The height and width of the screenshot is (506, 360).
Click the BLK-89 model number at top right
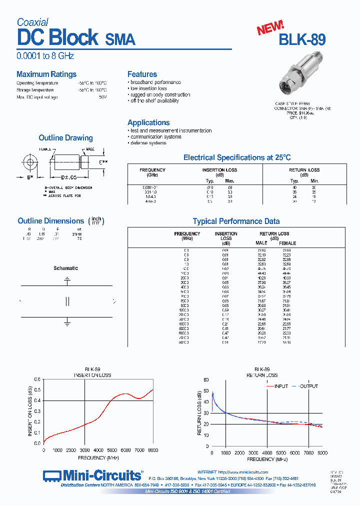click(302, 40)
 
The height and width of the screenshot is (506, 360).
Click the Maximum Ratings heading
click(46, 74)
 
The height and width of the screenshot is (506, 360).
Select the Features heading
click(142, 74)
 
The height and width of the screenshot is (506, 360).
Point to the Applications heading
click(148, 122)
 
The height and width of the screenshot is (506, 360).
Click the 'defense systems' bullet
click(148, 143)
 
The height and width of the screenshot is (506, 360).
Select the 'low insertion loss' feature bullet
click(148, 88)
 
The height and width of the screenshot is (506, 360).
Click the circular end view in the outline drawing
click(29, 162)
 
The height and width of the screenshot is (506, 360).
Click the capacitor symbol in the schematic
click(67, 301)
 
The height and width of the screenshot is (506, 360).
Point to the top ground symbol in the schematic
click(67, 281)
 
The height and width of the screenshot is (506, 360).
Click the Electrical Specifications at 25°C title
click(237, 157)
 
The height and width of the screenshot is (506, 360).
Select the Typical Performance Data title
click(236, 221)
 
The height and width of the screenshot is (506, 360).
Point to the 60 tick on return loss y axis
click(206, 380)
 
